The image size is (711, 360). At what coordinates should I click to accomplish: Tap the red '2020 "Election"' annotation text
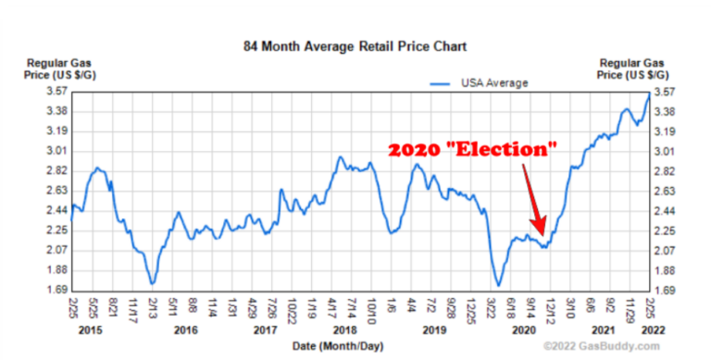point(472,150)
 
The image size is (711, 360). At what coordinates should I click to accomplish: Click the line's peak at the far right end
point(649,93)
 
